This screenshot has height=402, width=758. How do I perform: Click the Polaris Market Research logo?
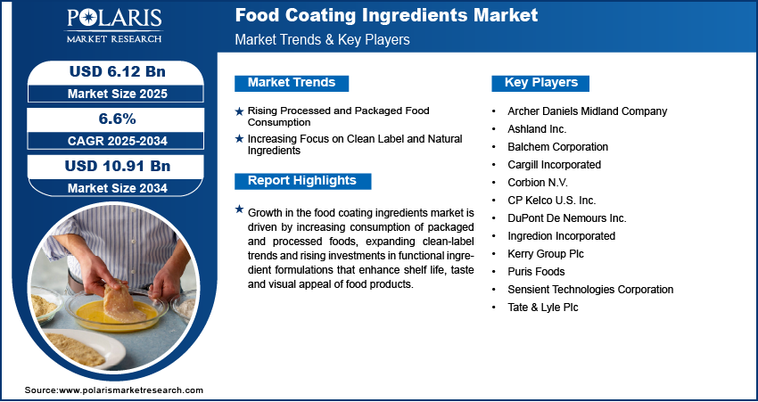point(114,26)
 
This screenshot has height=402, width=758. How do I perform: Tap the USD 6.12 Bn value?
point(118,71)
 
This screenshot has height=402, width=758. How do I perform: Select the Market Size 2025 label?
point(118,94)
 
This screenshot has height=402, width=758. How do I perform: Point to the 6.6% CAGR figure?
point(118,119)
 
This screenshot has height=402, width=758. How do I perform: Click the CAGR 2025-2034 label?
point(118,141)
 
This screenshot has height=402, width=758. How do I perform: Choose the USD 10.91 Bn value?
point(118,166)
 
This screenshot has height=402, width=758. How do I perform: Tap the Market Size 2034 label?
point(118,188)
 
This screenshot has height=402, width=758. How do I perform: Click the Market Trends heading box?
point(292,83)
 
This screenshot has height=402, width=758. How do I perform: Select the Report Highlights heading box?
point(302,181)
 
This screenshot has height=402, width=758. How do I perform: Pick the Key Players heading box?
point(541,83)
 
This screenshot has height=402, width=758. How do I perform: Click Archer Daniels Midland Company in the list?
point(588,111)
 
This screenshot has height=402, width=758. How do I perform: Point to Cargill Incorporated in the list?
point(555,165)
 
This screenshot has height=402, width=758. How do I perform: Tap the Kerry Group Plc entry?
point(546,254)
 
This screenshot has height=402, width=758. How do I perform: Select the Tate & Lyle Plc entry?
point(543,308)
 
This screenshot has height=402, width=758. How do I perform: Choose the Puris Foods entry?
point(536,272)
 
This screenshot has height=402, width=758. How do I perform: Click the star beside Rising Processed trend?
point(239,111)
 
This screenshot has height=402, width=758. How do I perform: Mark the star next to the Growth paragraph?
point(239,209)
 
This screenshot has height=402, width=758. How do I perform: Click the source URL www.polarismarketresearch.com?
point(131,390)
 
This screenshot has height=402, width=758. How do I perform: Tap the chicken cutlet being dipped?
point(123,302)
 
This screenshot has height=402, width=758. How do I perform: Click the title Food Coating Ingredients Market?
point(386,15)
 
